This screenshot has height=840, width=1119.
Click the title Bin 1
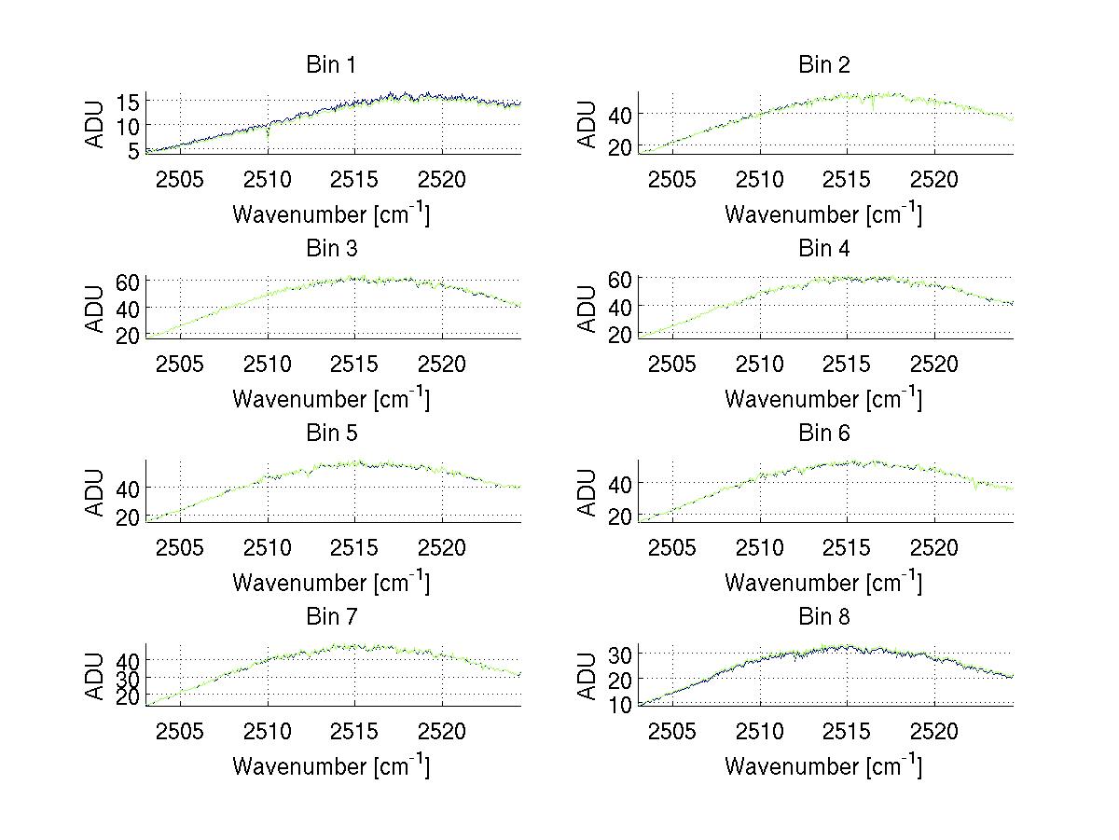331,65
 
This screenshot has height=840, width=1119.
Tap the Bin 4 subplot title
824,249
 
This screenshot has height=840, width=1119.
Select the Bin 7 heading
331,617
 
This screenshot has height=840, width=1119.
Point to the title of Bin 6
824,434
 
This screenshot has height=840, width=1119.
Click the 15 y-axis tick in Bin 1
129,101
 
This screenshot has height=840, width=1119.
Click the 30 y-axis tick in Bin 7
129,677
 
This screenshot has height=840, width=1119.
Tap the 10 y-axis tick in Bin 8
621,705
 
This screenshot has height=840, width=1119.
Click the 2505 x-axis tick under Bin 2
672,179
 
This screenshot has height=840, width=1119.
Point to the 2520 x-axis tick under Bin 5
442,547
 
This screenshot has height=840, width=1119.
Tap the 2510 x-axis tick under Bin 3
268,364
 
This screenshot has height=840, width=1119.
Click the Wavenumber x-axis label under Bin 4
824,399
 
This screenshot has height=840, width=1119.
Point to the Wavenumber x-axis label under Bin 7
331,766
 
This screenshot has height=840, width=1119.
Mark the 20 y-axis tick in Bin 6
621,516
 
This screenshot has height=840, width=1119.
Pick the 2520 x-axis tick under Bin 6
934,547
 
